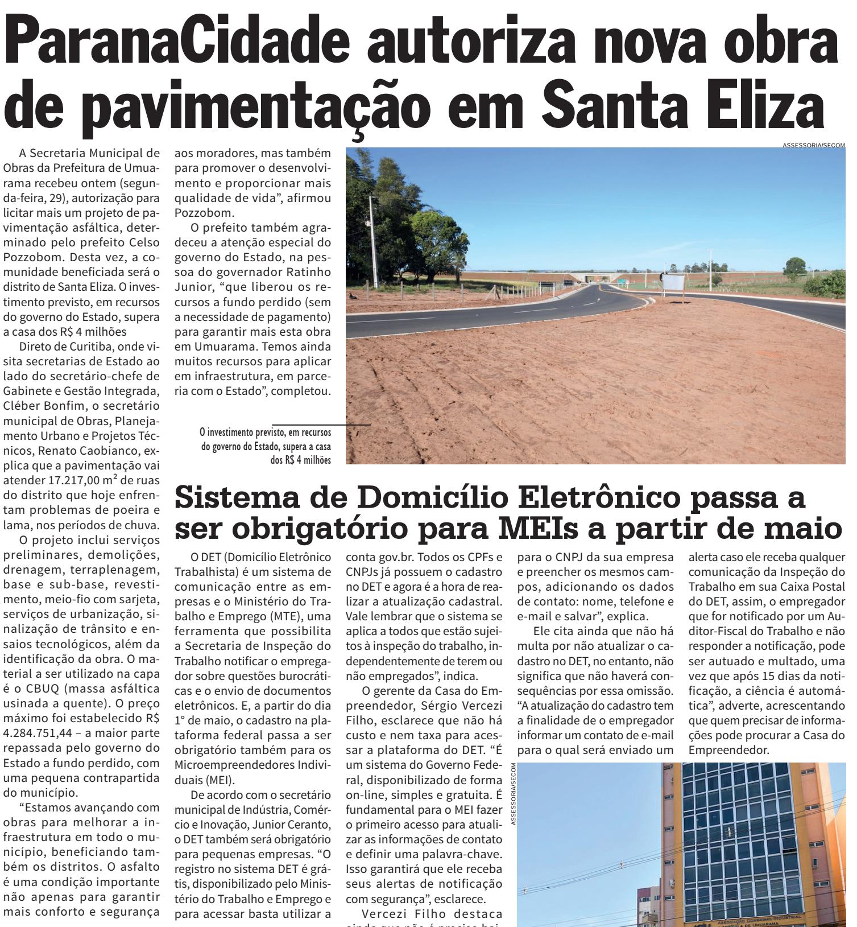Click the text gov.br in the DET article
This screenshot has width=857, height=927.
[x=386, y=555]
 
